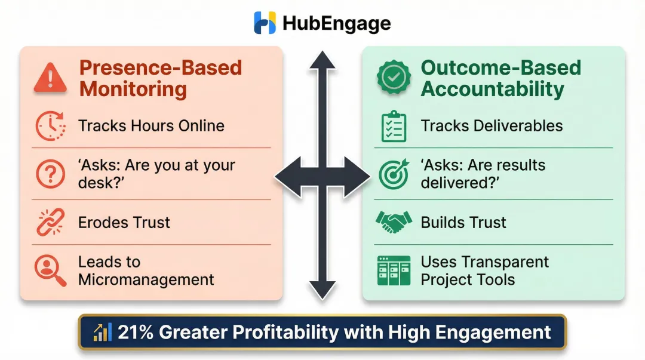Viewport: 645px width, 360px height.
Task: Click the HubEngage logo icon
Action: click(x=265, y=23)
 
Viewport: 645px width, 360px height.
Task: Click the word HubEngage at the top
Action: click(x=336, y=23)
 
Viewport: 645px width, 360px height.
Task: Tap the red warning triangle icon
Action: click(x=50, y=78)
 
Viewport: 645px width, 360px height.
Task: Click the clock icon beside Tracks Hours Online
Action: click(x=50, y=126)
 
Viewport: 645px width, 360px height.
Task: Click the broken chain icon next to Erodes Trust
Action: click(x=50, y=223)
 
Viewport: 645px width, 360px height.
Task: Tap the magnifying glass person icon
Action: click(x=50, y=270)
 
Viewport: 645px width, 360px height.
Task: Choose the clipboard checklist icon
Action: click(x=394, y=126)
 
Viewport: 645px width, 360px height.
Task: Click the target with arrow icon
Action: click(x=394, y=174)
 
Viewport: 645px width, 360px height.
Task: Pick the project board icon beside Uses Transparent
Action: click(x=394, y=270)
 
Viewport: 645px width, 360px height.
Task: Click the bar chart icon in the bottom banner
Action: click(x=102, y=333)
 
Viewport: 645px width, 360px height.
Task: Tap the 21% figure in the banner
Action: click(x=136, y=333)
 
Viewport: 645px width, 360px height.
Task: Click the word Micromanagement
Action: click(x=146, y=279)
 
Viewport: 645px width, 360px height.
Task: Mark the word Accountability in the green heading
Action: click(x=492, y=90)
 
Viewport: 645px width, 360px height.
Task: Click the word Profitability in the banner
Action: click(x=291, y=333)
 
